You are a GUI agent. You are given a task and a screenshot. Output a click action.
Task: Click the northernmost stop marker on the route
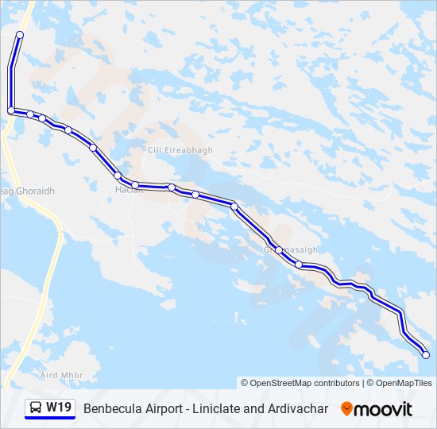19,35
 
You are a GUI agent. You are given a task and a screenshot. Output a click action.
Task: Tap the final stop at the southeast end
425,355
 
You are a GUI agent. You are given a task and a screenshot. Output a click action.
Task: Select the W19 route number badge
59,408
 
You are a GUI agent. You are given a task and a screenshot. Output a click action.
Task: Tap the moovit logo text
383,409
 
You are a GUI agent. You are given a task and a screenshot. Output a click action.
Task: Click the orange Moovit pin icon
346,409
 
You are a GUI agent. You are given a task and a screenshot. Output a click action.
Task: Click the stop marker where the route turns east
11,110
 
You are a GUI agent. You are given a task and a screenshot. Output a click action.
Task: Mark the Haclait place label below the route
128,191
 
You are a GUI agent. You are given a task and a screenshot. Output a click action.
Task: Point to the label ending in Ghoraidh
29,191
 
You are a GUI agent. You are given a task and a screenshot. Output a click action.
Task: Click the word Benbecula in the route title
110,408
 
